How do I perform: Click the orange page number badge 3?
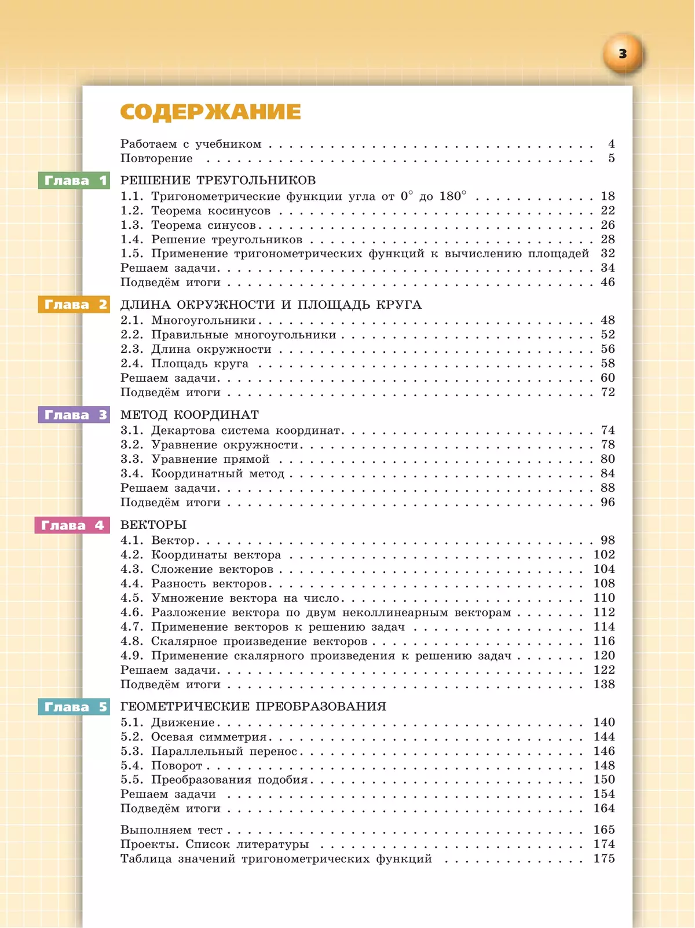[623, 54]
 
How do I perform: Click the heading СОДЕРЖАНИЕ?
[210, 112]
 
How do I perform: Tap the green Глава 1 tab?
[74, 181]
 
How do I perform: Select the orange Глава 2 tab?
[74, 305]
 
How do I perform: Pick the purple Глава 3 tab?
[74, 415]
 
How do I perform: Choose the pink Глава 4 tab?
[72, 525]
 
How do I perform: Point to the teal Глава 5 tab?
[74, 707]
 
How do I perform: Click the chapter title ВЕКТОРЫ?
[153, 525]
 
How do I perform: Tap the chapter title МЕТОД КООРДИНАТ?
[189, 415]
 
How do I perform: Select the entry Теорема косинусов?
[210, 211]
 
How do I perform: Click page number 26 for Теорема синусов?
[608, 225]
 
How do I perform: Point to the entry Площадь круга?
[199, 364]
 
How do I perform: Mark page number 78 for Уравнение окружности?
[608, 445]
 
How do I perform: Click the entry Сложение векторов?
[212, 569]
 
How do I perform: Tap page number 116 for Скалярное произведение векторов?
[604, 641]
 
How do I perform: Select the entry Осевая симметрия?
[209, 737]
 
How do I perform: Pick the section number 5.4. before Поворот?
[131, 766]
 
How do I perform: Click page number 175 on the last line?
[604, 858]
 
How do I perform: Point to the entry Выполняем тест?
[171, 830]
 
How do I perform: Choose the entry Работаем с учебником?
[191, 144]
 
